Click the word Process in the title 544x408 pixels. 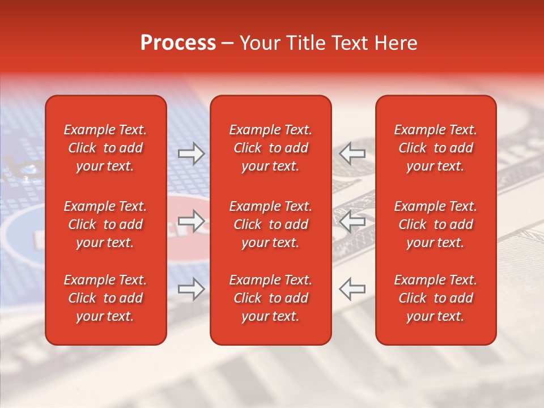point(178,43)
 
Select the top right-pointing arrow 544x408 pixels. point(192,154)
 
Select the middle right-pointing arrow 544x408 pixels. point(192,221)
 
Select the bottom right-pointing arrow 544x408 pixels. point(192,289)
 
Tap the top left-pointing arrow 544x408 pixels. point(352,154)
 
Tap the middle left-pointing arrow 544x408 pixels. point(352,221)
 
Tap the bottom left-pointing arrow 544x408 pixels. point(352,289)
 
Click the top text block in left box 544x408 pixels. point(105,148)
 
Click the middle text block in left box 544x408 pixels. point(105,224)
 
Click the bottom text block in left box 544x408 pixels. point(105,298)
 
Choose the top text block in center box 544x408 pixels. point(271,148)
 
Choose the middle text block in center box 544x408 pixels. point(271,224)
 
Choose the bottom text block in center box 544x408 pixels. point(271,298)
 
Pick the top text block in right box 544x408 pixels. point(436,148)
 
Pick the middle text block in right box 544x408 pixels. point(436,224)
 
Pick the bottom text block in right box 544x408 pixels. point(436,298)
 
